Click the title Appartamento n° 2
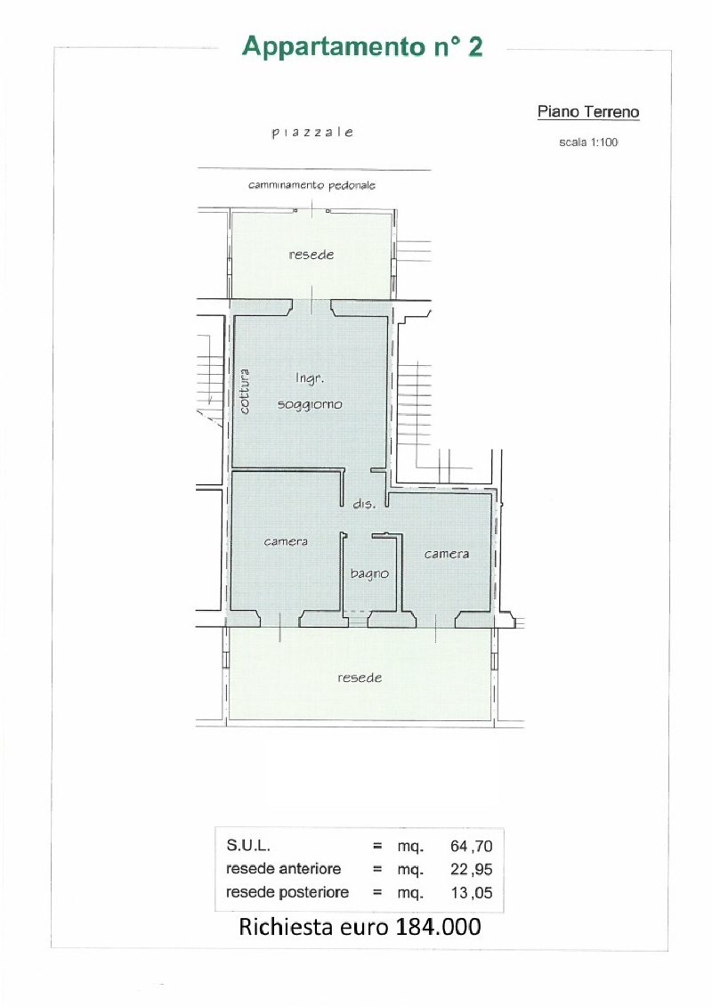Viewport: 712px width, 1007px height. (x=362, y=47)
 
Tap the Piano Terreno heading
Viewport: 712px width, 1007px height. (x=588, y=112)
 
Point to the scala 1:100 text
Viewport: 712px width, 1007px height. (x=588, y=142)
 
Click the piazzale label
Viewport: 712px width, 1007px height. (x=312, y=133)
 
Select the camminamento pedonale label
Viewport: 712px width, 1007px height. (x=311, y=185)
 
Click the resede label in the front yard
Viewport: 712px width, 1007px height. (x=311, y=255)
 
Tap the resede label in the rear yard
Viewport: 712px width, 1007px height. (x=360, y=678)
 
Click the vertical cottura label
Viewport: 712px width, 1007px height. (x=244, y=391)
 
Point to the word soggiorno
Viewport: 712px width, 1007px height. (x=310, y=404)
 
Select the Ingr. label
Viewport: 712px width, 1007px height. (x=310, y=378)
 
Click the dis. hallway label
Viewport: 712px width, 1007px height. (x=364, y=504)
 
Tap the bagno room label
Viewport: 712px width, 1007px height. (x=370, y=573)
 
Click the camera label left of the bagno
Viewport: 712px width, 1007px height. (x=286, y=541)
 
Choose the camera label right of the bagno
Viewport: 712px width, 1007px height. (x=446, y=554)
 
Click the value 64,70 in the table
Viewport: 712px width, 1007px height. (x=471, y=847)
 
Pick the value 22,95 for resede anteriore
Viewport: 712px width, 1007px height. (x=471, y=870)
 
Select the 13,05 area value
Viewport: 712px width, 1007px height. (x=471, y=893)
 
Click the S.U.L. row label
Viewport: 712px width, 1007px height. (x=247, y=846)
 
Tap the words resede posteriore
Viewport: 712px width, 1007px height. (x=287, y=893)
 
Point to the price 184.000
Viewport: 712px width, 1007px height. (x=439, y=927)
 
